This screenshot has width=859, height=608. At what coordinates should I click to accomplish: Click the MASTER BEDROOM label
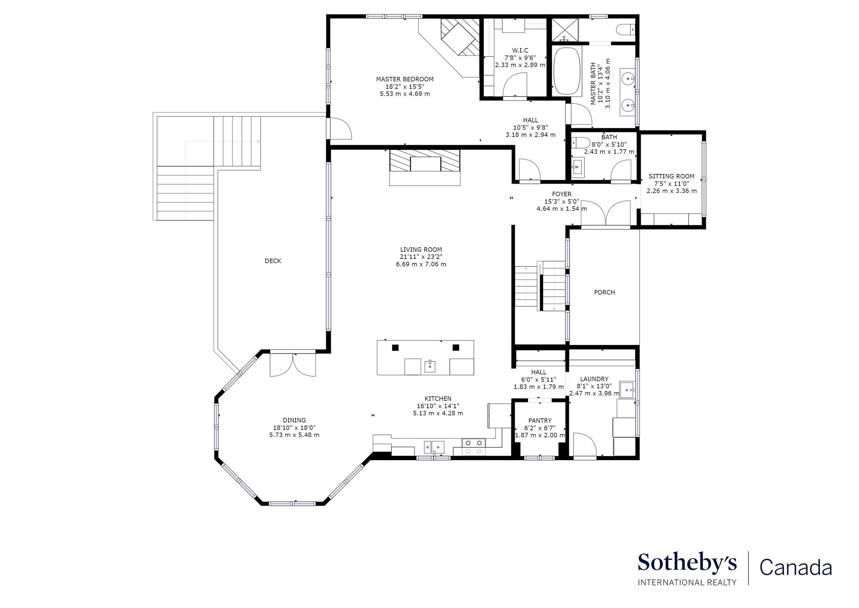pos(405,79)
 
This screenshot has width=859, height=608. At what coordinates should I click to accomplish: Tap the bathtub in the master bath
pos(567,71)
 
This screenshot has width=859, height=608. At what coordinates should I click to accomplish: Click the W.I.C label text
pos(520,51)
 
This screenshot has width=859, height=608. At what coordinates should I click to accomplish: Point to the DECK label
pos(273,261)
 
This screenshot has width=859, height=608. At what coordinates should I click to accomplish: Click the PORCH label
pos(604,292)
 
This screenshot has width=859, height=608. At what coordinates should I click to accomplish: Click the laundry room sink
pos(627,390)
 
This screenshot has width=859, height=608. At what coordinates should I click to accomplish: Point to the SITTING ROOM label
pos(671,176)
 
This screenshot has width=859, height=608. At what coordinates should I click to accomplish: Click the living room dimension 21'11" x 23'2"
pos(421,257)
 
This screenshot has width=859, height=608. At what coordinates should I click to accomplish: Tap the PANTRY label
pos(540,421)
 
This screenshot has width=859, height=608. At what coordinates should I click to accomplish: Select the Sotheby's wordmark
pos(687,563)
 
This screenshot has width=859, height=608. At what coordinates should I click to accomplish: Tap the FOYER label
pos(561,194)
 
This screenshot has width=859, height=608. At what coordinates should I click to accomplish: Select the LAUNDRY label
pos(594,379)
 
